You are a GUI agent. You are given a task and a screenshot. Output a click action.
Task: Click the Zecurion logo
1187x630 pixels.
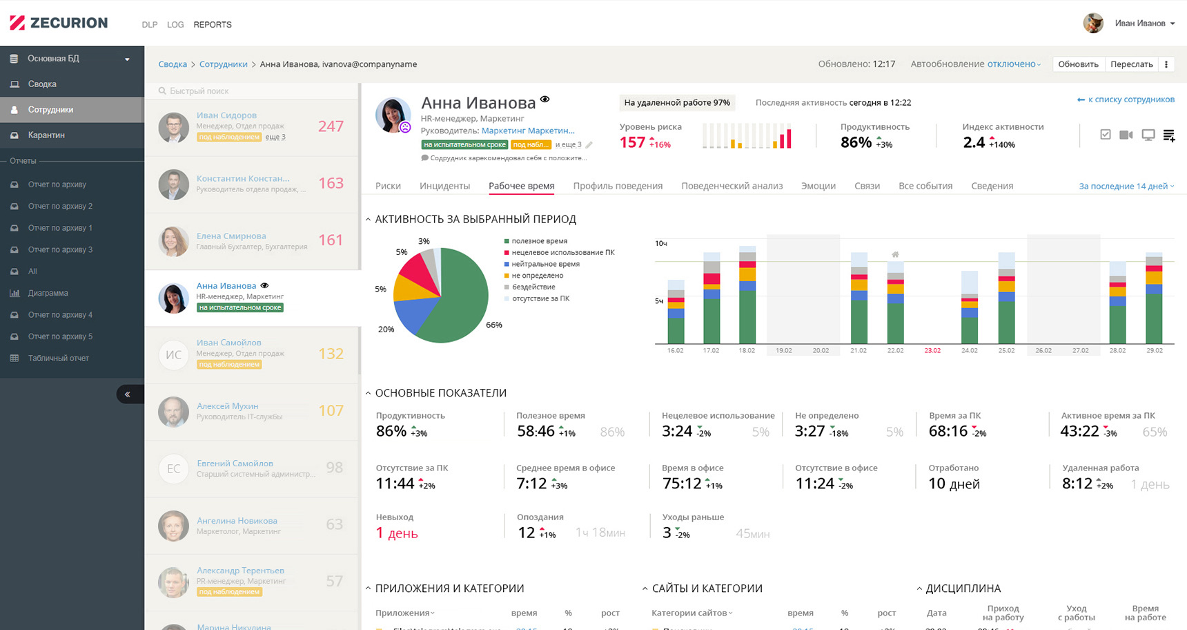pos(59,23)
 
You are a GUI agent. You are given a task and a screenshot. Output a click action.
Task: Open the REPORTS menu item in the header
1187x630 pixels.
pos(213,25)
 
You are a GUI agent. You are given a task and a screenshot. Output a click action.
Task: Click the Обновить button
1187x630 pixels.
pos(1078,64)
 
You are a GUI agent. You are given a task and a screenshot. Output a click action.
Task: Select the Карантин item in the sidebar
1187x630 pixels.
pos(46,135)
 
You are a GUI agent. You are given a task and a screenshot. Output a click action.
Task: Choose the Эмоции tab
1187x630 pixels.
pos(818,186)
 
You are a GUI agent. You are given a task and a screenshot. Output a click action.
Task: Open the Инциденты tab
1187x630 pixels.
pos(444,186)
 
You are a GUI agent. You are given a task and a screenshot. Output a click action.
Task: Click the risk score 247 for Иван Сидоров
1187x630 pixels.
pos(331,126)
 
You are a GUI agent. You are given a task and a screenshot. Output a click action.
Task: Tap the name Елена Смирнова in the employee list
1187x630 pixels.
pos(231,236)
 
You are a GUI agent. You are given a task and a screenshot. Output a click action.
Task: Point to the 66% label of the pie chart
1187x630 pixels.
pos(494,325)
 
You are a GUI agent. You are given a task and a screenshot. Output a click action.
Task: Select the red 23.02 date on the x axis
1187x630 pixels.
pos(932,351)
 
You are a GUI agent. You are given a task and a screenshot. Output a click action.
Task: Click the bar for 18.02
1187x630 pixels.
pos(747,297)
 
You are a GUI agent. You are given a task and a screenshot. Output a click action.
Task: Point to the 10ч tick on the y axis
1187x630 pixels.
pos(660,243)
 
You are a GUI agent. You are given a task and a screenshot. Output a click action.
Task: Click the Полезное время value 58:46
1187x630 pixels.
pos(536,432)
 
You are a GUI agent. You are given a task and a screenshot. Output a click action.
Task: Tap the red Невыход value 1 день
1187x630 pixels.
pos(397,533)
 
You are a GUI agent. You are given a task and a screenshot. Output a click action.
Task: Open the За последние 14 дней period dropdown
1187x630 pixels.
pos(1126,186)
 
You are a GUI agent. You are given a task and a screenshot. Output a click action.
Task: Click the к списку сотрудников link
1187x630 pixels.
pos(1126,99)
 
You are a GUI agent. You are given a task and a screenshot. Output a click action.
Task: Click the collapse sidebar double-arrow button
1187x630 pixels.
pos(128,394)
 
